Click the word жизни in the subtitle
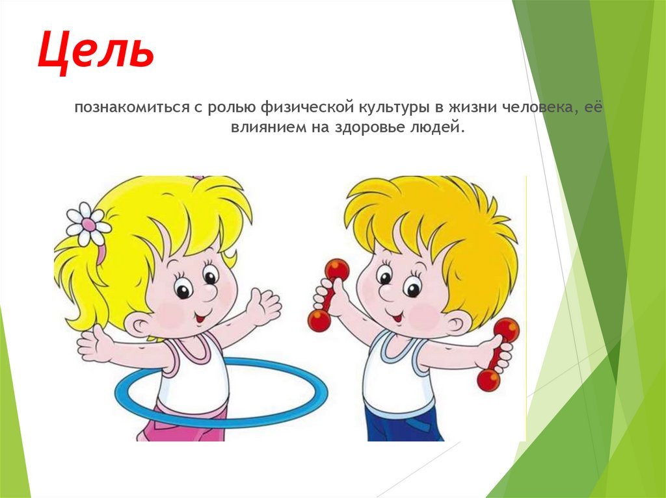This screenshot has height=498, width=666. (473, 107)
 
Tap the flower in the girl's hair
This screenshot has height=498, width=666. (88, 224)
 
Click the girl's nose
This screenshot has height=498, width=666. (208, 292)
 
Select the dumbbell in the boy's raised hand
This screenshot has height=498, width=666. (328, 295)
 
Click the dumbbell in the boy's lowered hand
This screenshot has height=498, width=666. (498, 355)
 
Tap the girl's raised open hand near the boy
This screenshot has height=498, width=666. (264, 305)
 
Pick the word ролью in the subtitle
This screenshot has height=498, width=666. (232, 108)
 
